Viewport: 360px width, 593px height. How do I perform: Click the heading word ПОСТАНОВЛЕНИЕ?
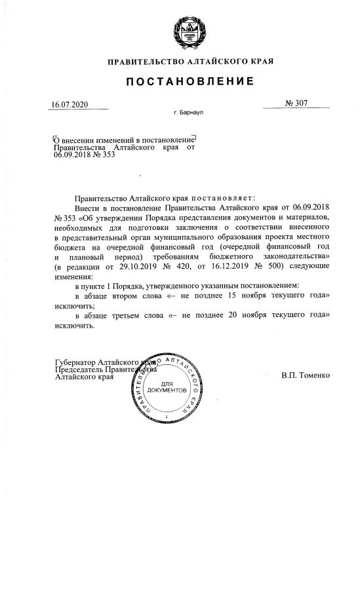coord(190,81)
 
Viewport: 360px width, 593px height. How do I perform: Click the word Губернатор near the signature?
coord(75,362)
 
